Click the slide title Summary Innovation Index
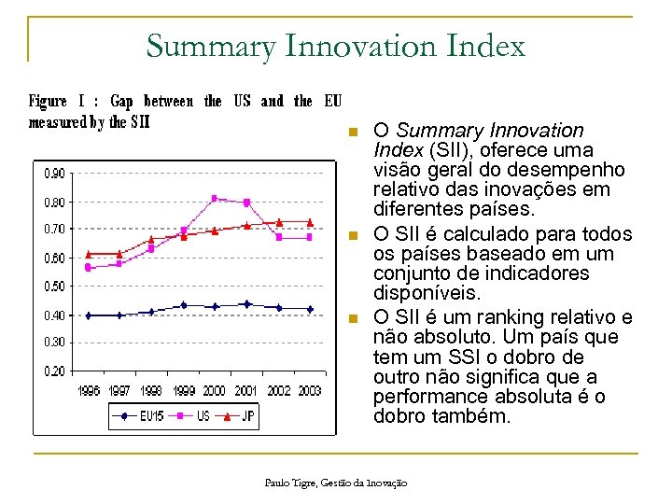335,45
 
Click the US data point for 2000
215,198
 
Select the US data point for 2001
246,203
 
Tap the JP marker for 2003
310,222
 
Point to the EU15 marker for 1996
89,315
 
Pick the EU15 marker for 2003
310,309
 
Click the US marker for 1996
89,268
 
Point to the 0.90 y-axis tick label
53,173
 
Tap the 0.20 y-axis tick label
53,371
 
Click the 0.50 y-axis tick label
53,287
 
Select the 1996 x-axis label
89,391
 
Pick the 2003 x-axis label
310,391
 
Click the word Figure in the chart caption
48,101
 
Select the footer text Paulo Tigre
288,483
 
